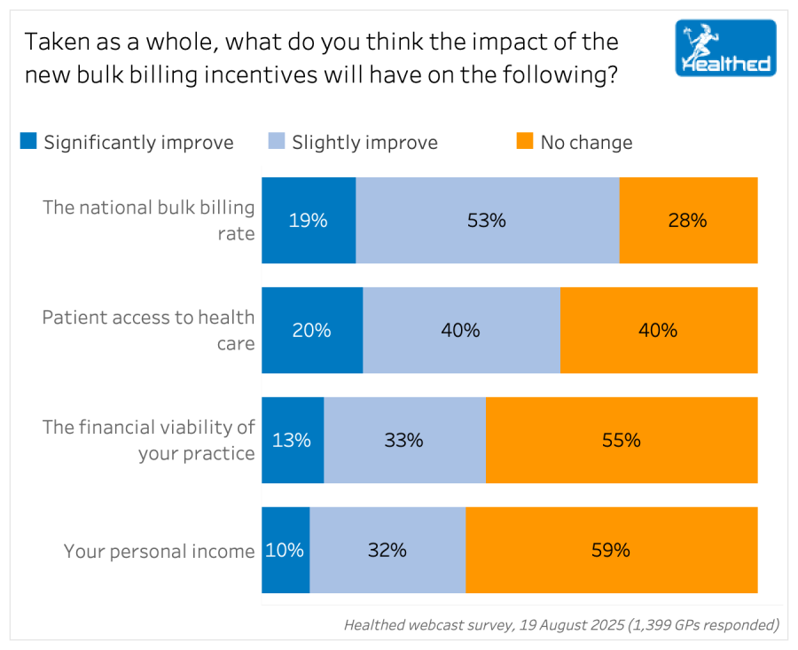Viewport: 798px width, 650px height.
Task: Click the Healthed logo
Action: pos(725,48)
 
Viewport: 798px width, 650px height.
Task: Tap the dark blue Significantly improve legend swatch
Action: pos(29,141)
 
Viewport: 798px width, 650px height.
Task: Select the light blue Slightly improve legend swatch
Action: pos(277,141)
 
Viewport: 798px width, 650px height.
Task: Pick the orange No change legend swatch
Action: pos(525,141)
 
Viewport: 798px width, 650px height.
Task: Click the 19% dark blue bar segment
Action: pos(309,221)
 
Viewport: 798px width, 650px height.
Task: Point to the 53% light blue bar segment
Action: pos(487,221)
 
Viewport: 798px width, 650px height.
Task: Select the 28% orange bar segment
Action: pos(688,221)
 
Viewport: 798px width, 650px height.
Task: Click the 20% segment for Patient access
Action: pos(312,331)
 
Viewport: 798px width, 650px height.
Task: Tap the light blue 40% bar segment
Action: pos(461,331)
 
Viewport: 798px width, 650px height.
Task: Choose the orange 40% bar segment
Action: pos(659,331)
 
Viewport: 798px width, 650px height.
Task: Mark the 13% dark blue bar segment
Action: pos(293,440)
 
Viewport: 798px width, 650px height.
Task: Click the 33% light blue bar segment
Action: pos(404,440)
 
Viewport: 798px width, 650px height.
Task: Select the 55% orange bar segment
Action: pos(622,440)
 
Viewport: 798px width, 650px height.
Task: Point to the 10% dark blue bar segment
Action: pos(286,550)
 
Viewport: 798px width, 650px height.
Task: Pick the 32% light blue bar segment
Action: pos(387,550)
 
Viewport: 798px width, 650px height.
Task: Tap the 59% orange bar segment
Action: pos(611,550)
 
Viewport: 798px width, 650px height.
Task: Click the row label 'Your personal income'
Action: pos(159,552)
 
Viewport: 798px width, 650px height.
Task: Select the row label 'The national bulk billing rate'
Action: pos(149,221)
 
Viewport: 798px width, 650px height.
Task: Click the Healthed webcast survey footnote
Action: pos(561,625)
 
